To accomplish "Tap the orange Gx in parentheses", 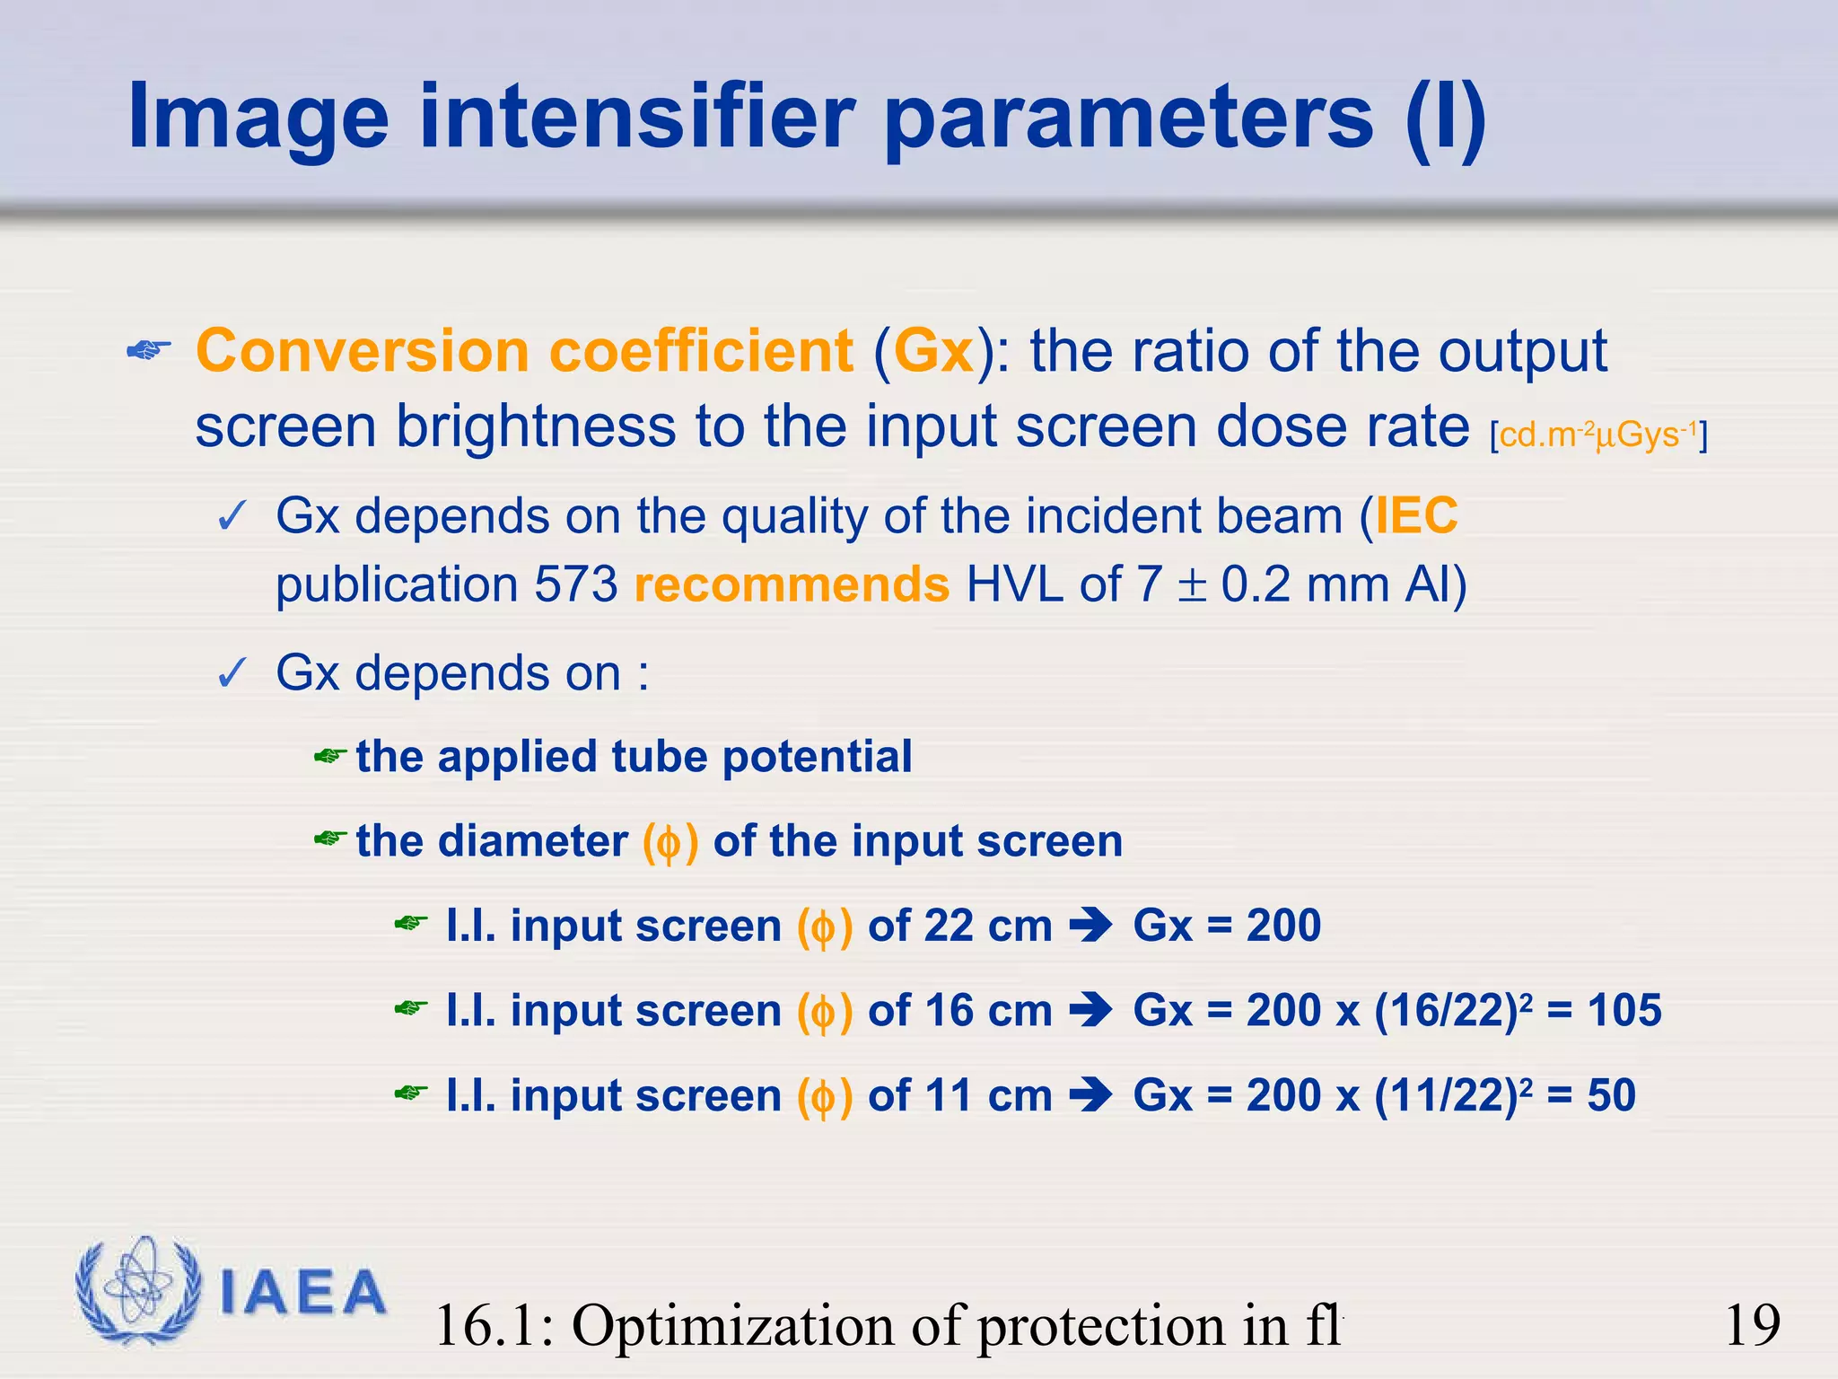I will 933,351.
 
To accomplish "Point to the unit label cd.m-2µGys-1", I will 1597,435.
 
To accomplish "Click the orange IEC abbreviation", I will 1416,516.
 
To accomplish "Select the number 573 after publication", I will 576,584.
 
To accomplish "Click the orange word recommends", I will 792,584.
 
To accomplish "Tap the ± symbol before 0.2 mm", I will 1191,585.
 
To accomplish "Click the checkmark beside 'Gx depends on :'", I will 232,673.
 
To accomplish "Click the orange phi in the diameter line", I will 670,843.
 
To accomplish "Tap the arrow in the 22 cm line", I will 1091,925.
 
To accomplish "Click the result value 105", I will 1624,1010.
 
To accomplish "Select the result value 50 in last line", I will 1611,1095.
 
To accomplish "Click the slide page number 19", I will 1752,1325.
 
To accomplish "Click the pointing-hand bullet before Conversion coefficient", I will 149,351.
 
